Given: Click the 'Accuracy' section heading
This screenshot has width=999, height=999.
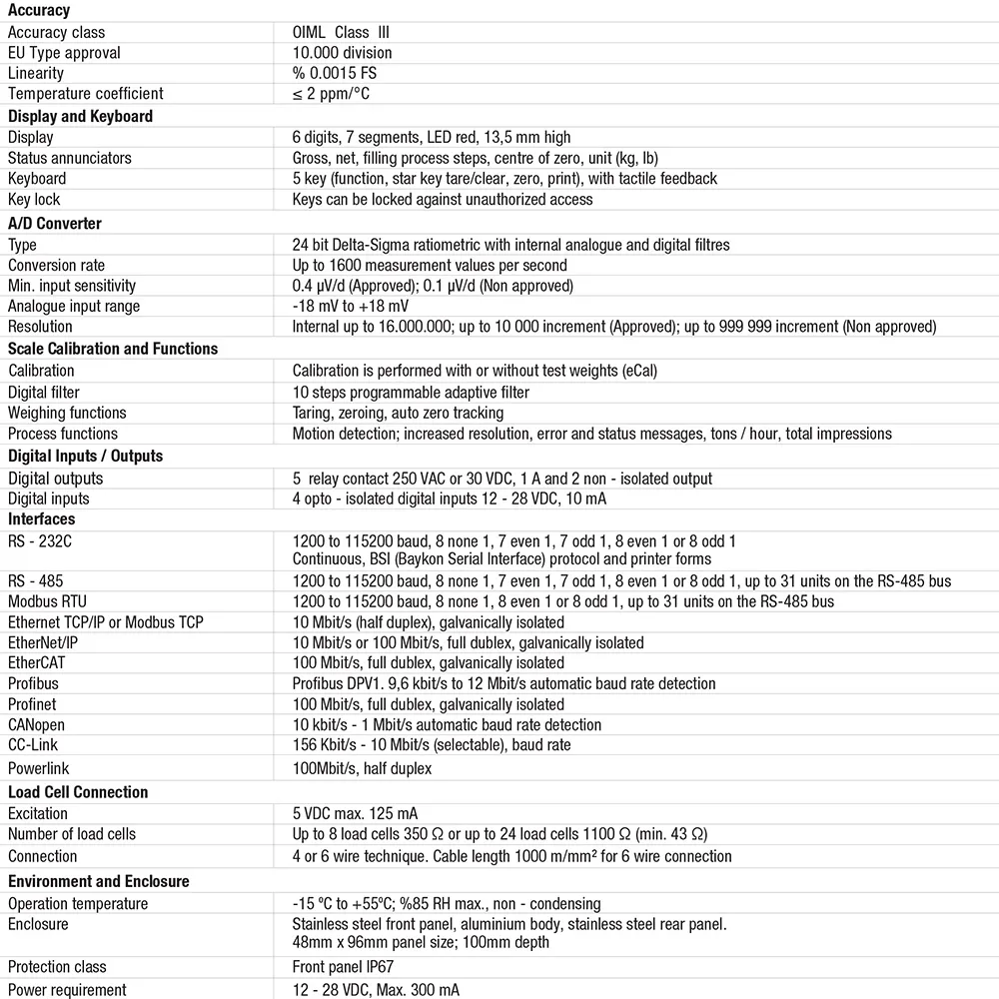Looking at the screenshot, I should coord(39,10).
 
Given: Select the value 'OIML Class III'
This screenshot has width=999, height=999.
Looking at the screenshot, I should coord(342,32).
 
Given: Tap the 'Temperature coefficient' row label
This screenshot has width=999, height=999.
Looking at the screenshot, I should coord(85,93).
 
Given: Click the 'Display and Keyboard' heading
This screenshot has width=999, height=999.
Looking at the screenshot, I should coord(80,116).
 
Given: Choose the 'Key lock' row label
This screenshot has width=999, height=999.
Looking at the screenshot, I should coord(34,199).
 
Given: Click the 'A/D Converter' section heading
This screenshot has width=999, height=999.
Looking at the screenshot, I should coord(55,223).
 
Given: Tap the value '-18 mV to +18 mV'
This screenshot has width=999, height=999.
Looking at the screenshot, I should coord(350,306).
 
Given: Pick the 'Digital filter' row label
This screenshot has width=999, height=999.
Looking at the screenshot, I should coord(44,392).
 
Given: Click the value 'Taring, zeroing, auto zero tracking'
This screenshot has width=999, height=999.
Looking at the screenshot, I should coord(398,413).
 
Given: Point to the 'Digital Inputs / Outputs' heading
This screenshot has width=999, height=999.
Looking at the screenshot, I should coord(85,456).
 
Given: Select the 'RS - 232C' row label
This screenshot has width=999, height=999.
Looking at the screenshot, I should coord(40,540).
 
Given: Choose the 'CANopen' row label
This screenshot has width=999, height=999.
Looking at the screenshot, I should coord(38,724).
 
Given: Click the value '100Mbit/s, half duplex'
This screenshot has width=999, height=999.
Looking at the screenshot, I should coord(362,768).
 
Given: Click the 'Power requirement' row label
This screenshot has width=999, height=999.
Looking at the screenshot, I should coord(67,989).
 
